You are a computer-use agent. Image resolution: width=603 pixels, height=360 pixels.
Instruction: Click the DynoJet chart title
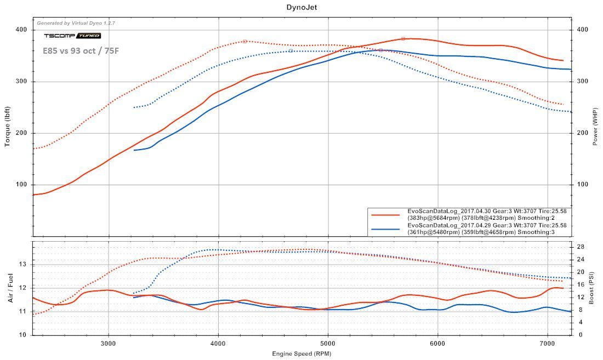(x=301, y=7)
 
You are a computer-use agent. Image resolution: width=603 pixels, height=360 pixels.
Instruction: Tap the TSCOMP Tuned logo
(x=72, y=36)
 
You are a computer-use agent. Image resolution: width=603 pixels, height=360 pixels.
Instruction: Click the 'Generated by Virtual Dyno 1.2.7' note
(x=76, y=23)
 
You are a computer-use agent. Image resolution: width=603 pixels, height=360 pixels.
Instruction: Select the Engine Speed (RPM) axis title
(x=301, y=354)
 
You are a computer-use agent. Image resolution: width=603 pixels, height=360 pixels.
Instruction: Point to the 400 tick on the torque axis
(x=22, y=30)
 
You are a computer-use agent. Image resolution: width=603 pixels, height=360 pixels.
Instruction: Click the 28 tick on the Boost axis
(x=579, y=247)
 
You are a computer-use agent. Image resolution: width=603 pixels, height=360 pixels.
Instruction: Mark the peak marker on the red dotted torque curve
(x=244, y=41)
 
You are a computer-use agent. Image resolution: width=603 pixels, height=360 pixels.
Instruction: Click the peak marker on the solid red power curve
(x=403, y=38)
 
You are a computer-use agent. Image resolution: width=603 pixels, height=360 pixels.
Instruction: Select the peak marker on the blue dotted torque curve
(x=291, y=51)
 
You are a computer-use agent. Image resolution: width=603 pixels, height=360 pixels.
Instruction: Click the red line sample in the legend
(x=386, y=214)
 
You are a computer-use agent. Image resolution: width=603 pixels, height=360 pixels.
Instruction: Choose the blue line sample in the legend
(x=386, y=230)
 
